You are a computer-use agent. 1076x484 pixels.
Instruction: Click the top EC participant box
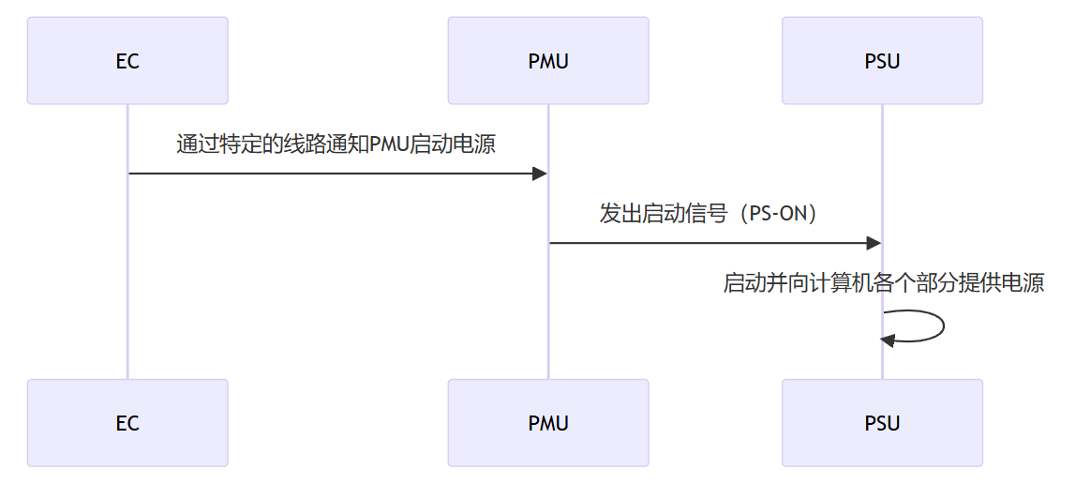(127, 60)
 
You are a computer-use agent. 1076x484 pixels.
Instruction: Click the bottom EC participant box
(127, 422)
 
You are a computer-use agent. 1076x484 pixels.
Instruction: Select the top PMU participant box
(548, 60)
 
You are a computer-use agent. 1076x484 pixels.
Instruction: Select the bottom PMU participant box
(548, 422)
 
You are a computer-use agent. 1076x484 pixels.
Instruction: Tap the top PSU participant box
(882, 60)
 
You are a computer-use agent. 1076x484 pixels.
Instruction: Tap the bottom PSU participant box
(882, 422)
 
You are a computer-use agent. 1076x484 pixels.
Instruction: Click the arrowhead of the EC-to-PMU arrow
(540, 174)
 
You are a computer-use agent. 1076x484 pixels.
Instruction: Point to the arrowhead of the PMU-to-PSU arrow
(874, 244)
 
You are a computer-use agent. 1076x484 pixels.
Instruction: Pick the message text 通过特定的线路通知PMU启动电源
(336, 144)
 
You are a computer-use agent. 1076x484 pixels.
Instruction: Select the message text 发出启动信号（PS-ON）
(714, 214)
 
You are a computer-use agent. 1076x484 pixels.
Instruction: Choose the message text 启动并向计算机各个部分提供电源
(884, 283)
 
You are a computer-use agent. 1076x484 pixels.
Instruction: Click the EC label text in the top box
(127, 62)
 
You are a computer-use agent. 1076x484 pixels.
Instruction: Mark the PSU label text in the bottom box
(882, 423)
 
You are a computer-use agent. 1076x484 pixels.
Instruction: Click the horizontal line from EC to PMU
(328, 174)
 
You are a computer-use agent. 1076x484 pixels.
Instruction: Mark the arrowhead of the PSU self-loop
(889, 340)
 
